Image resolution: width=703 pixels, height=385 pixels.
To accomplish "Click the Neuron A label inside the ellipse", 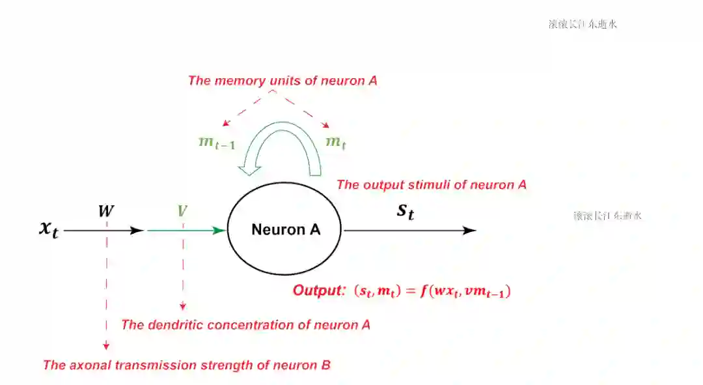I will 286,230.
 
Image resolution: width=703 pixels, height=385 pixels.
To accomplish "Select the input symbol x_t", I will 48,229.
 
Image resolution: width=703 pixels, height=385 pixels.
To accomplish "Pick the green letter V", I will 182,211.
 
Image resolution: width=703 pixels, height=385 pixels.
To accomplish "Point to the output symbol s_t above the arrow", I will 405,211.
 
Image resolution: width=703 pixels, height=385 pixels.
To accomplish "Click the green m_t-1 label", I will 217,143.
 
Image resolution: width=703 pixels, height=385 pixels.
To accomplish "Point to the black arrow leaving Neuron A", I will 410,230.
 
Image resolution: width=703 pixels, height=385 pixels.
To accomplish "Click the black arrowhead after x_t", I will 137,230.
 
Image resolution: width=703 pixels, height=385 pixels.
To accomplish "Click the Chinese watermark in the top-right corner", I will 583,24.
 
